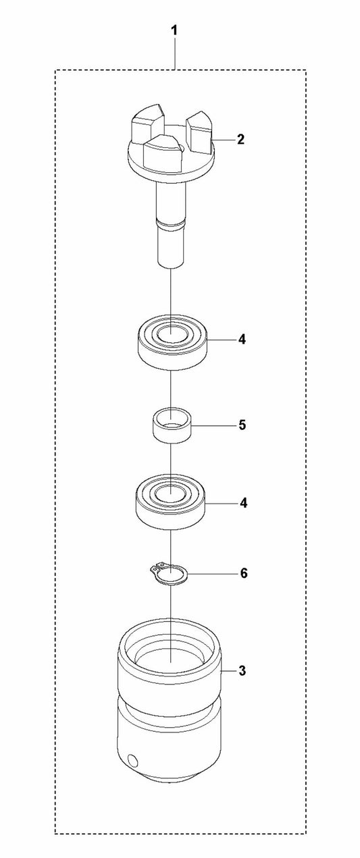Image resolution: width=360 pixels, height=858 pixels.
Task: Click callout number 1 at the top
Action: coord(174,30)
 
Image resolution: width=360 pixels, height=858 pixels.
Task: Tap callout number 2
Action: coord(240,140)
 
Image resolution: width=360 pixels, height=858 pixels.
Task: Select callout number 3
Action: coord(242,671)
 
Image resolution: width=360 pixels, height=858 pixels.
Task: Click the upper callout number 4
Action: coord(242,340)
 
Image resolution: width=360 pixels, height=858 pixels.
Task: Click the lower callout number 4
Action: coord(243,503)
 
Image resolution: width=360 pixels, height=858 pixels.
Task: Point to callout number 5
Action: coord(242,425)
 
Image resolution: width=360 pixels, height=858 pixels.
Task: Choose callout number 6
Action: coord(243,573)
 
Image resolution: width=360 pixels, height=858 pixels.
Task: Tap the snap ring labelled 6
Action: coord(168,574)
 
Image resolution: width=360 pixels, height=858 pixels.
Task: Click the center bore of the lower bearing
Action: coord(171,495)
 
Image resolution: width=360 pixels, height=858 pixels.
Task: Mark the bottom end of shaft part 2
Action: coord(171,264)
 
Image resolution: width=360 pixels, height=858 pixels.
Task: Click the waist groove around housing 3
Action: coord(170,701)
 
